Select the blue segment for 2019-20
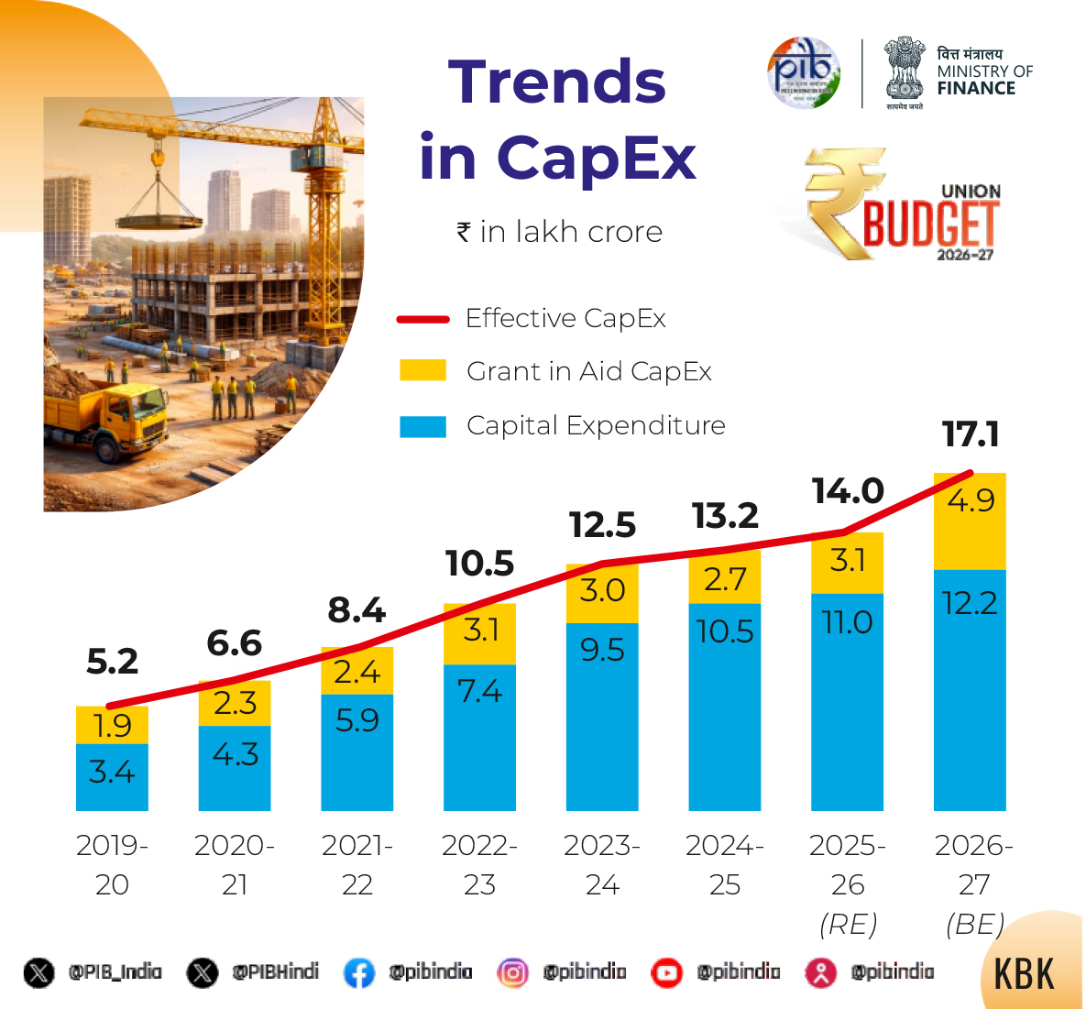point(112,777)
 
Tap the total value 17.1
point(971,434)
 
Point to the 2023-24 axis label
point(602,864)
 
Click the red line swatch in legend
point(422,319)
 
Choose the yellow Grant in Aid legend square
point(422,371)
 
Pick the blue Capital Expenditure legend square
point(422,426)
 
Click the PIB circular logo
point(803,72)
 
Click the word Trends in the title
point(556,82)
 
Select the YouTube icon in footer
point(666,972)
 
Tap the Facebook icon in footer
point(358,972)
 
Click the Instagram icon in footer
point(512,972)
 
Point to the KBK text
point(1024,974)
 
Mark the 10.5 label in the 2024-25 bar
point(725,631)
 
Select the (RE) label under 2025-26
point(848,924)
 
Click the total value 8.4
point(357,610)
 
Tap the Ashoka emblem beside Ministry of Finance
point(904,70)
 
